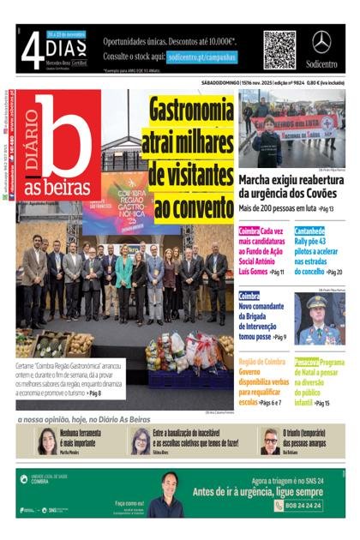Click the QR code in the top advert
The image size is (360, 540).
coord(279,50)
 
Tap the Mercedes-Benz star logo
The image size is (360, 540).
coord(321,43)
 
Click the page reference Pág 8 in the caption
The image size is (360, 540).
coord(92,393)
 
